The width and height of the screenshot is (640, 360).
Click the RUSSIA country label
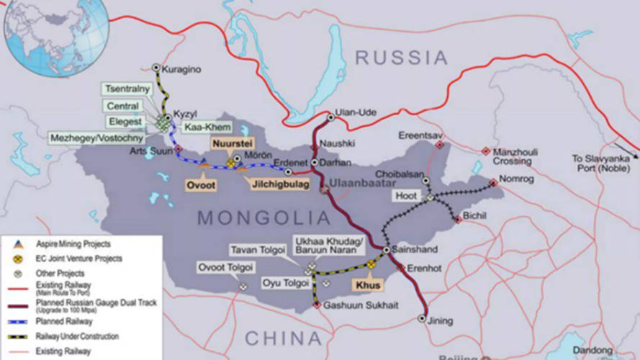pos(401,58)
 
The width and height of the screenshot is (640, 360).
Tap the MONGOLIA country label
pos(264,218)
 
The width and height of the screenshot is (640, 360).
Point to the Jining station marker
pos(423,318)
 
